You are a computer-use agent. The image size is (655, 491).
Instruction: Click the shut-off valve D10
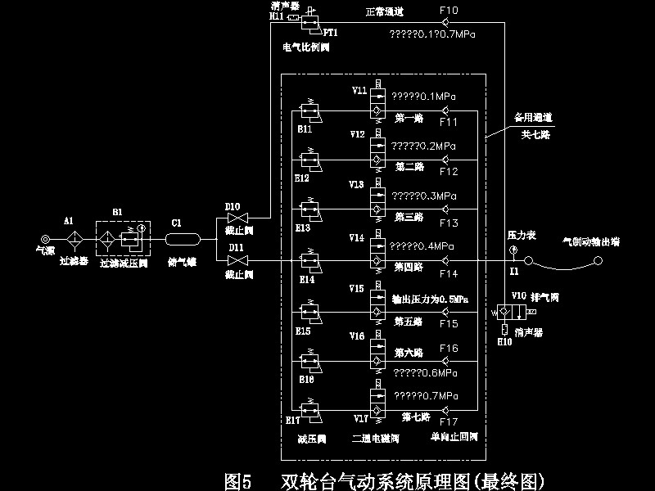(237, 219)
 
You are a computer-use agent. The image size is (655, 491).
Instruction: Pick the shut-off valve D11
(237, 260)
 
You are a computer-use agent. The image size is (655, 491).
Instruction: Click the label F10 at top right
(449, 10)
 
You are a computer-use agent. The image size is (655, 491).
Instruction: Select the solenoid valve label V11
(359, 90)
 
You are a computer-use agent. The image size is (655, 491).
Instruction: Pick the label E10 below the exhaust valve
(504, 341)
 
